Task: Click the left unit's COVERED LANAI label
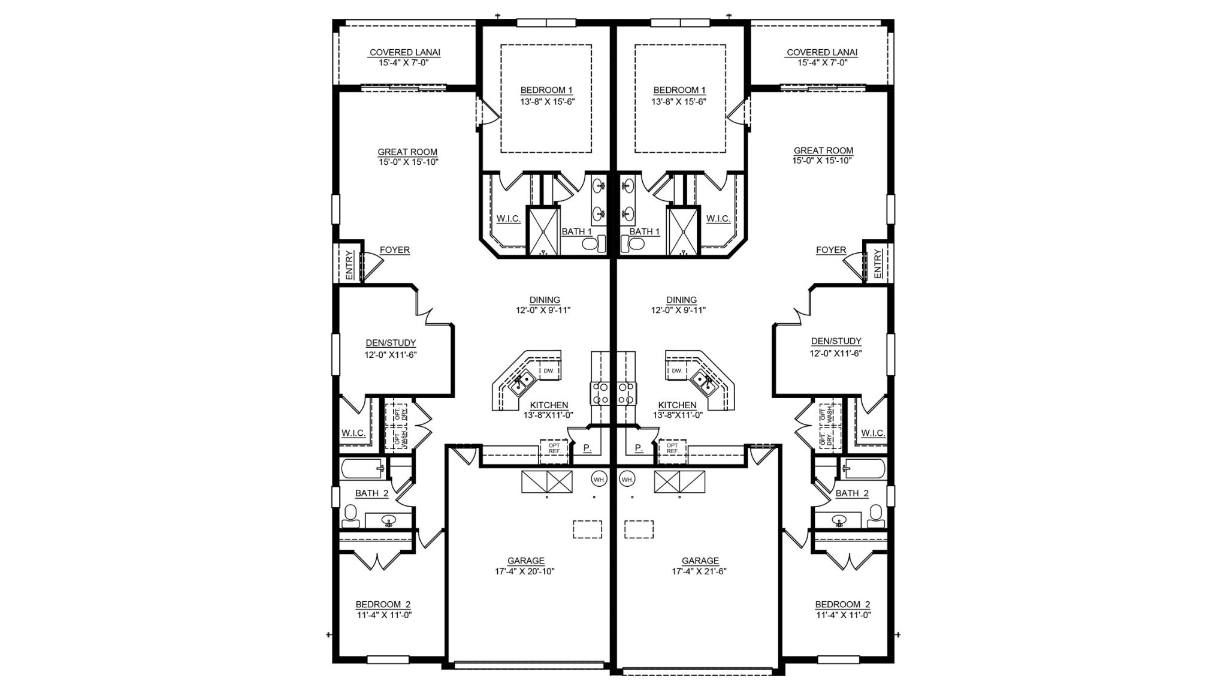tap(404, 53)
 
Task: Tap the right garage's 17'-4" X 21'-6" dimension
tap(699, 571)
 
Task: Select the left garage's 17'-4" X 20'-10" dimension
tap(524, 571)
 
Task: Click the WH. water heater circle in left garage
tap(599, 479)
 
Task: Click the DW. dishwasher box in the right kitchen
tap(677, 371)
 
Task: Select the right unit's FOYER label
tap(830, 250)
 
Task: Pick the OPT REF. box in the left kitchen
tap(554, 448)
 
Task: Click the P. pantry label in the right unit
tap(638, 448)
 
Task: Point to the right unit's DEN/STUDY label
tap(836, 341)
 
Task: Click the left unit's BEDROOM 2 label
tap(383, 604)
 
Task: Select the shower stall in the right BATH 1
tap(683, 231)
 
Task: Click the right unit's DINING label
tap(681, 300)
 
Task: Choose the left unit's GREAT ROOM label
tap(407, 152)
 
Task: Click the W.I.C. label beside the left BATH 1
tap(508, 219)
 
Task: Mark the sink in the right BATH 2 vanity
tap(839, 520)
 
